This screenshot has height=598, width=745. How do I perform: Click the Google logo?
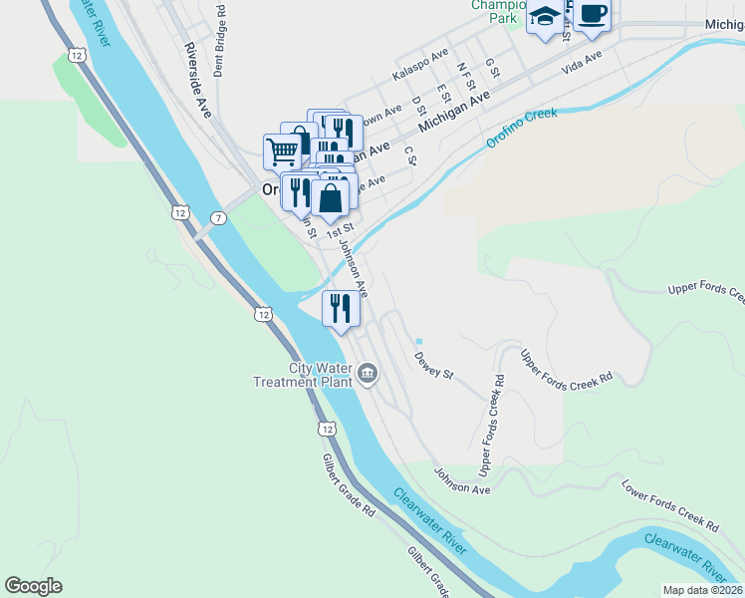tap(33, 586)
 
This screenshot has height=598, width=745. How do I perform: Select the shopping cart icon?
tap(283, 151)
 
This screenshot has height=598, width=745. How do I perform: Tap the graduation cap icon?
tap(545, 17)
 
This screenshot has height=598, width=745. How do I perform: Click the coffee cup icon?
tap(592, 14)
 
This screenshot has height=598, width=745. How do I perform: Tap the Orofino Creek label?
tap(522, 128)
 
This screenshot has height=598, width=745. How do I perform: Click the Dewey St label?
tap(433, 366)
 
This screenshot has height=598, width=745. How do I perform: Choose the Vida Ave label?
tap(583, 64)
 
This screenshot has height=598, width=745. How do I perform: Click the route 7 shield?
tap(218, 217)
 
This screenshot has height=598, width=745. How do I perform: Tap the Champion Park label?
tap(495, 11)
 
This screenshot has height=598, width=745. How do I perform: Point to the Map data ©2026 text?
tap(702, 590)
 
